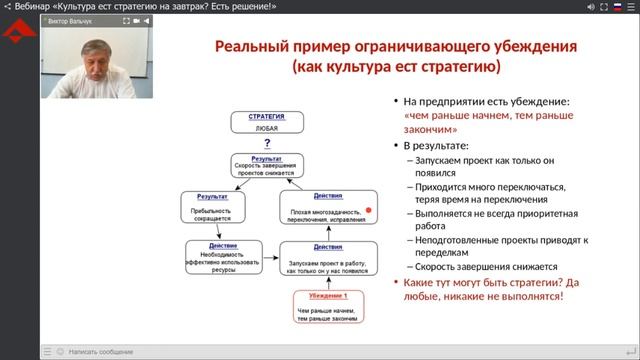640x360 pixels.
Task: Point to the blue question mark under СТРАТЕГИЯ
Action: click(267, 143)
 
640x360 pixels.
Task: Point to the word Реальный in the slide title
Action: click(254, 47)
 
